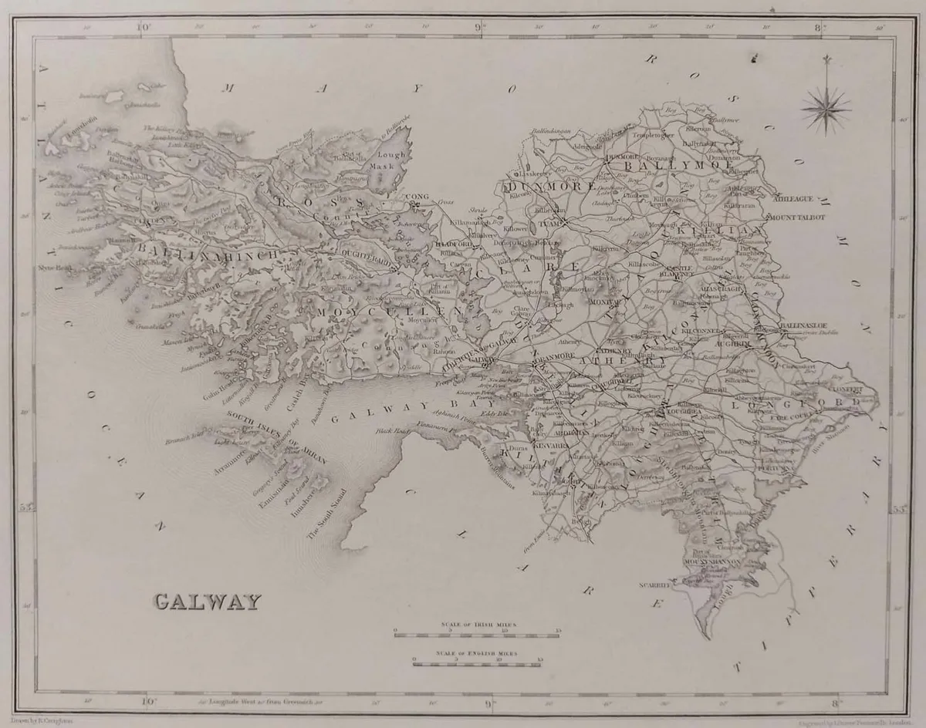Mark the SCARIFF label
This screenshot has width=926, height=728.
pos(652,586)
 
